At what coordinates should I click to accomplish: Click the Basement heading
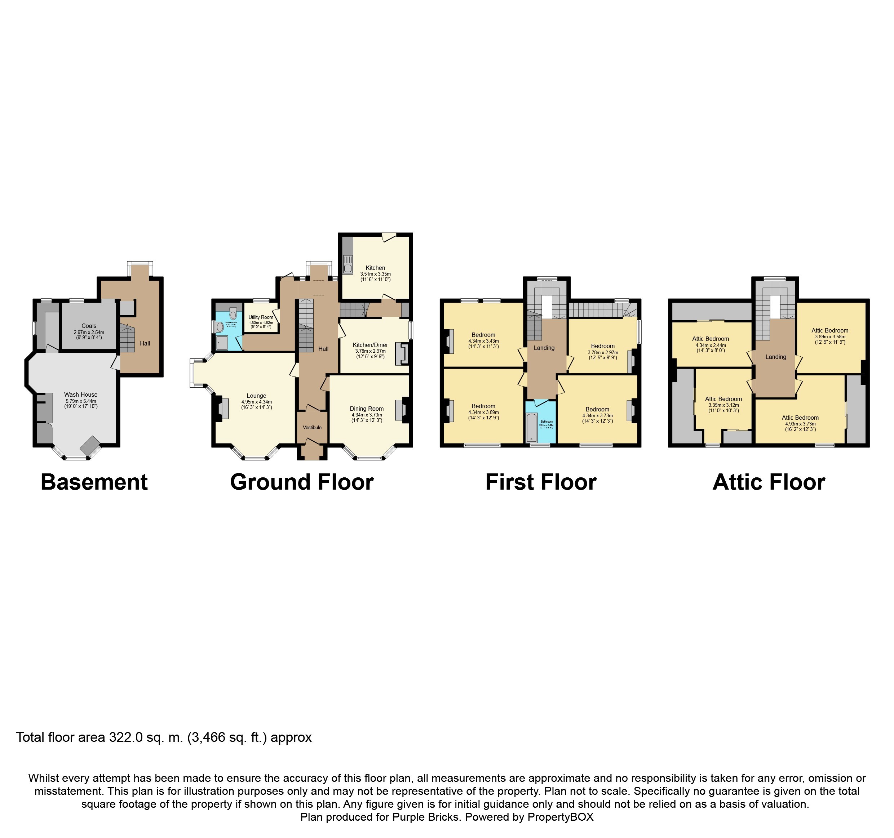(94, 482)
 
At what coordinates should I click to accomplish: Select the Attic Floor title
(769, 482)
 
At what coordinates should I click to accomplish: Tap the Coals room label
(89, 326)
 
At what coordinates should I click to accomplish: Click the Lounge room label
(256, 396)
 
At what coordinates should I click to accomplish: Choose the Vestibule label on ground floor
(312, 427)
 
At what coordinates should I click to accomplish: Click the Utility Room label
(261, 317)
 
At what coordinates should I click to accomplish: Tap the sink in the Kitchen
(348, 265)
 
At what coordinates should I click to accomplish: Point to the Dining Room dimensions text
(367, 418)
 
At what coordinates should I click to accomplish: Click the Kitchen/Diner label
(370, 345)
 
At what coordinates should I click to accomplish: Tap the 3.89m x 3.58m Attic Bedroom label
(830, 330)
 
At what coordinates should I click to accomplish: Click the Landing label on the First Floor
(544, 348)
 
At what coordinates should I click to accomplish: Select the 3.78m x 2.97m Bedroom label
(603, 346)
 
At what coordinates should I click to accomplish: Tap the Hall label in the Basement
(145, 343)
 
